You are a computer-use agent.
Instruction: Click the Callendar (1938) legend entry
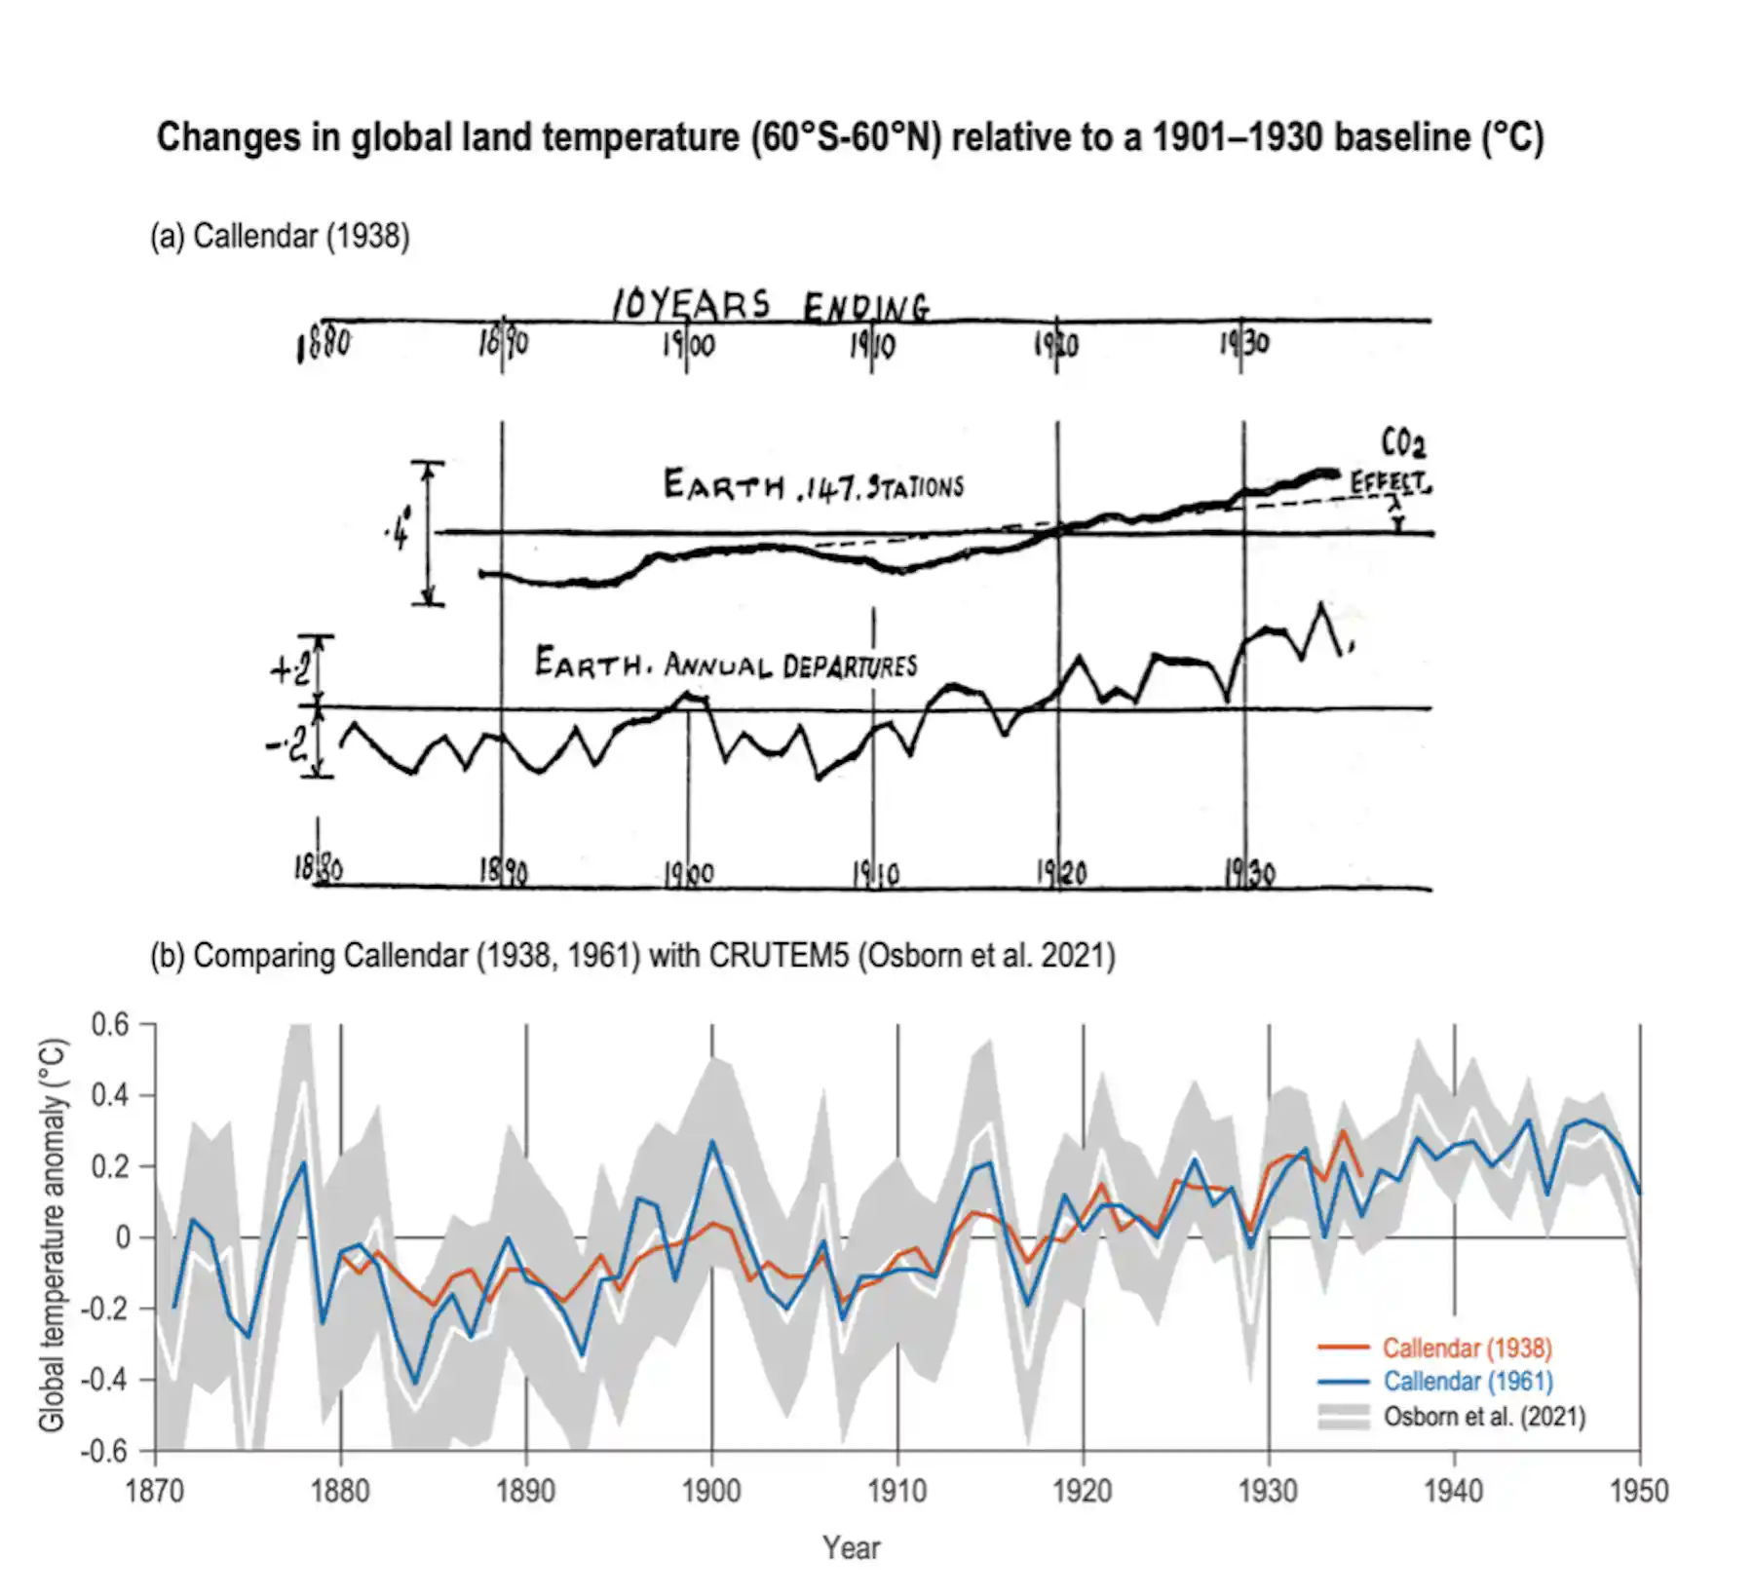coord(1467,1348)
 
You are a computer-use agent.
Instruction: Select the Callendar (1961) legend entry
coord(1468,1381)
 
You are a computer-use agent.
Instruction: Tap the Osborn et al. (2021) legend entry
coord(1484,1416)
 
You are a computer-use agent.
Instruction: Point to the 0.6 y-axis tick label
coord(109,1025)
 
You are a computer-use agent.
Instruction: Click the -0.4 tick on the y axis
coord(103,1380)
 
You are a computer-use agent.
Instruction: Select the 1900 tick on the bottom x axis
coord(711,1491)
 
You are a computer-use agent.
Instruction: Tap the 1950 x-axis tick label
coord(1639,1491)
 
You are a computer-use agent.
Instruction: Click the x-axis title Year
coord(851,1547)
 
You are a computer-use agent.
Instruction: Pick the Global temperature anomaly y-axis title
coord(53,1235)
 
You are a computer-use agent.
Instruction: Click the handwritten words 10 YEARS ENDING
coord(770,306)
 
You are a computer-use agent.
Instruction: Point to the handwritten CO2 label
coord(1403,443)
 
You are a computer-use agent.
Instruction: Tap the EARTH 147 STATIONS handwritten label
coord(814,485)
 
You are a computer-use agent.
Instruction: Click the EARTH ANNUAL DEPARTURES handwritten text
coord(726,665)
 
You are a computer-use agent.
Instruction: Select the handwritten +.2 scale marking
coord(290,669)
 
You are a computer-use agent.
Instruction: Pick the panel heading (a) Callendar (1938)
coord(280,236)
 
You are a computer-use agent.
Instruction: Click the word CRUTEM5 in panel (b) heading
coord(779,955)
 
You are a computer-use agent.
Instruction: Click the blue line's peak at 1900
coord(711,1141)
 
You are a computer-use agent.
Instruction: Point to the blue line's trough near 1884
coord(415,1383)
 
